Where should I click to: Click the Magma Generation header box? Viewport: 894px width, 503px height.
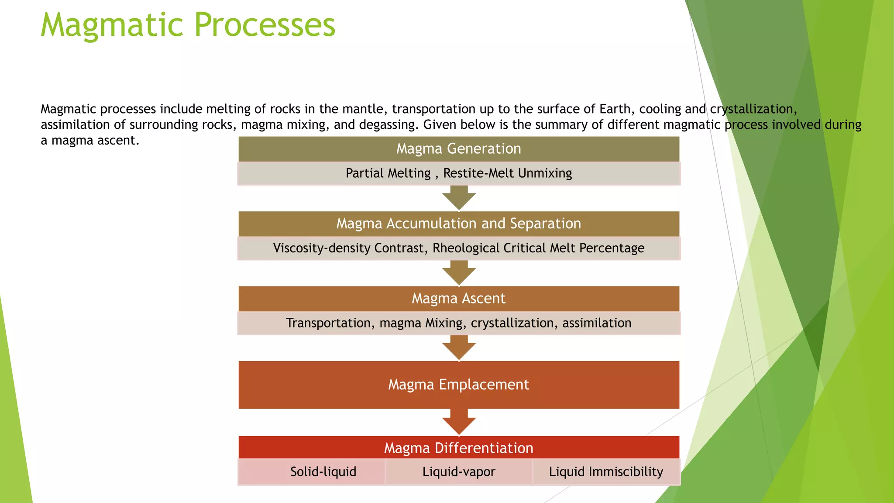click(x=458, y=149)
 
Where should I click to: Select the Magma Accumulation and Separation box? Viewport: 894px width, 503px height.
click(x=458, y=224)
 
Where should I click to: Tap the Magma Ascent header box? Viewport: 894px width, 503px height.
click(x=458, y=299)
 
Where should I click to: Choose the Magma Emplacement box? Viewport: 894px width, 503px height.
click(x=458, y=385)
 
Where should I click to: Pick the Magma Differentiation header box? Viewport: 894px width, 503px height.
click(x=458, y=448)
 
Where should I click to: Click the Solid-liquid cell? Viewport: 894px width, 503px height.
click(x=323, y=472)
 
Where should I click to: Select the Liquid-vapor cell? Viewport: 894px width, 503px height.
click(x=458, y=472)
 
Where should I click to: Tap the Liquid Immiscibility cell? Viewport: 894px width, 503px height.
click(x=606, y=472)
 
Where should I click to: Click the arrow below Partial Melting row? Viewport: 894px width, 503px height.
click(x=459, y=198)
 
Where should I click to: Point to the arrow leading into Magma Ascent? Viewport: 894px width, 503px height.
click(x=459, y=273)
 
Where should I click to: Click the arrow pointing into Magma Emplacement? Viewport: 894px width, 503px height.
click(x=459, y=348)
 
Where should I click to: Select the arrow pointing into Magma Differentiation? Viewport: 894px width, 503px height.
click(x=459, y=422)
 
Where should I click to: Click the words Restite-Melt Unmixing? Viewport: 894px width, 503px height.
click(x=507, y=173)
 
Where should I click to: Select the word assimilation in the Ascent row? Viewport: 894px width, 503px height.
click(x=596, y=323)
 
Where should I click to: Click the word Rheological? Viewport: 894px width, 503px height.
click(x=466, y=248)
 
